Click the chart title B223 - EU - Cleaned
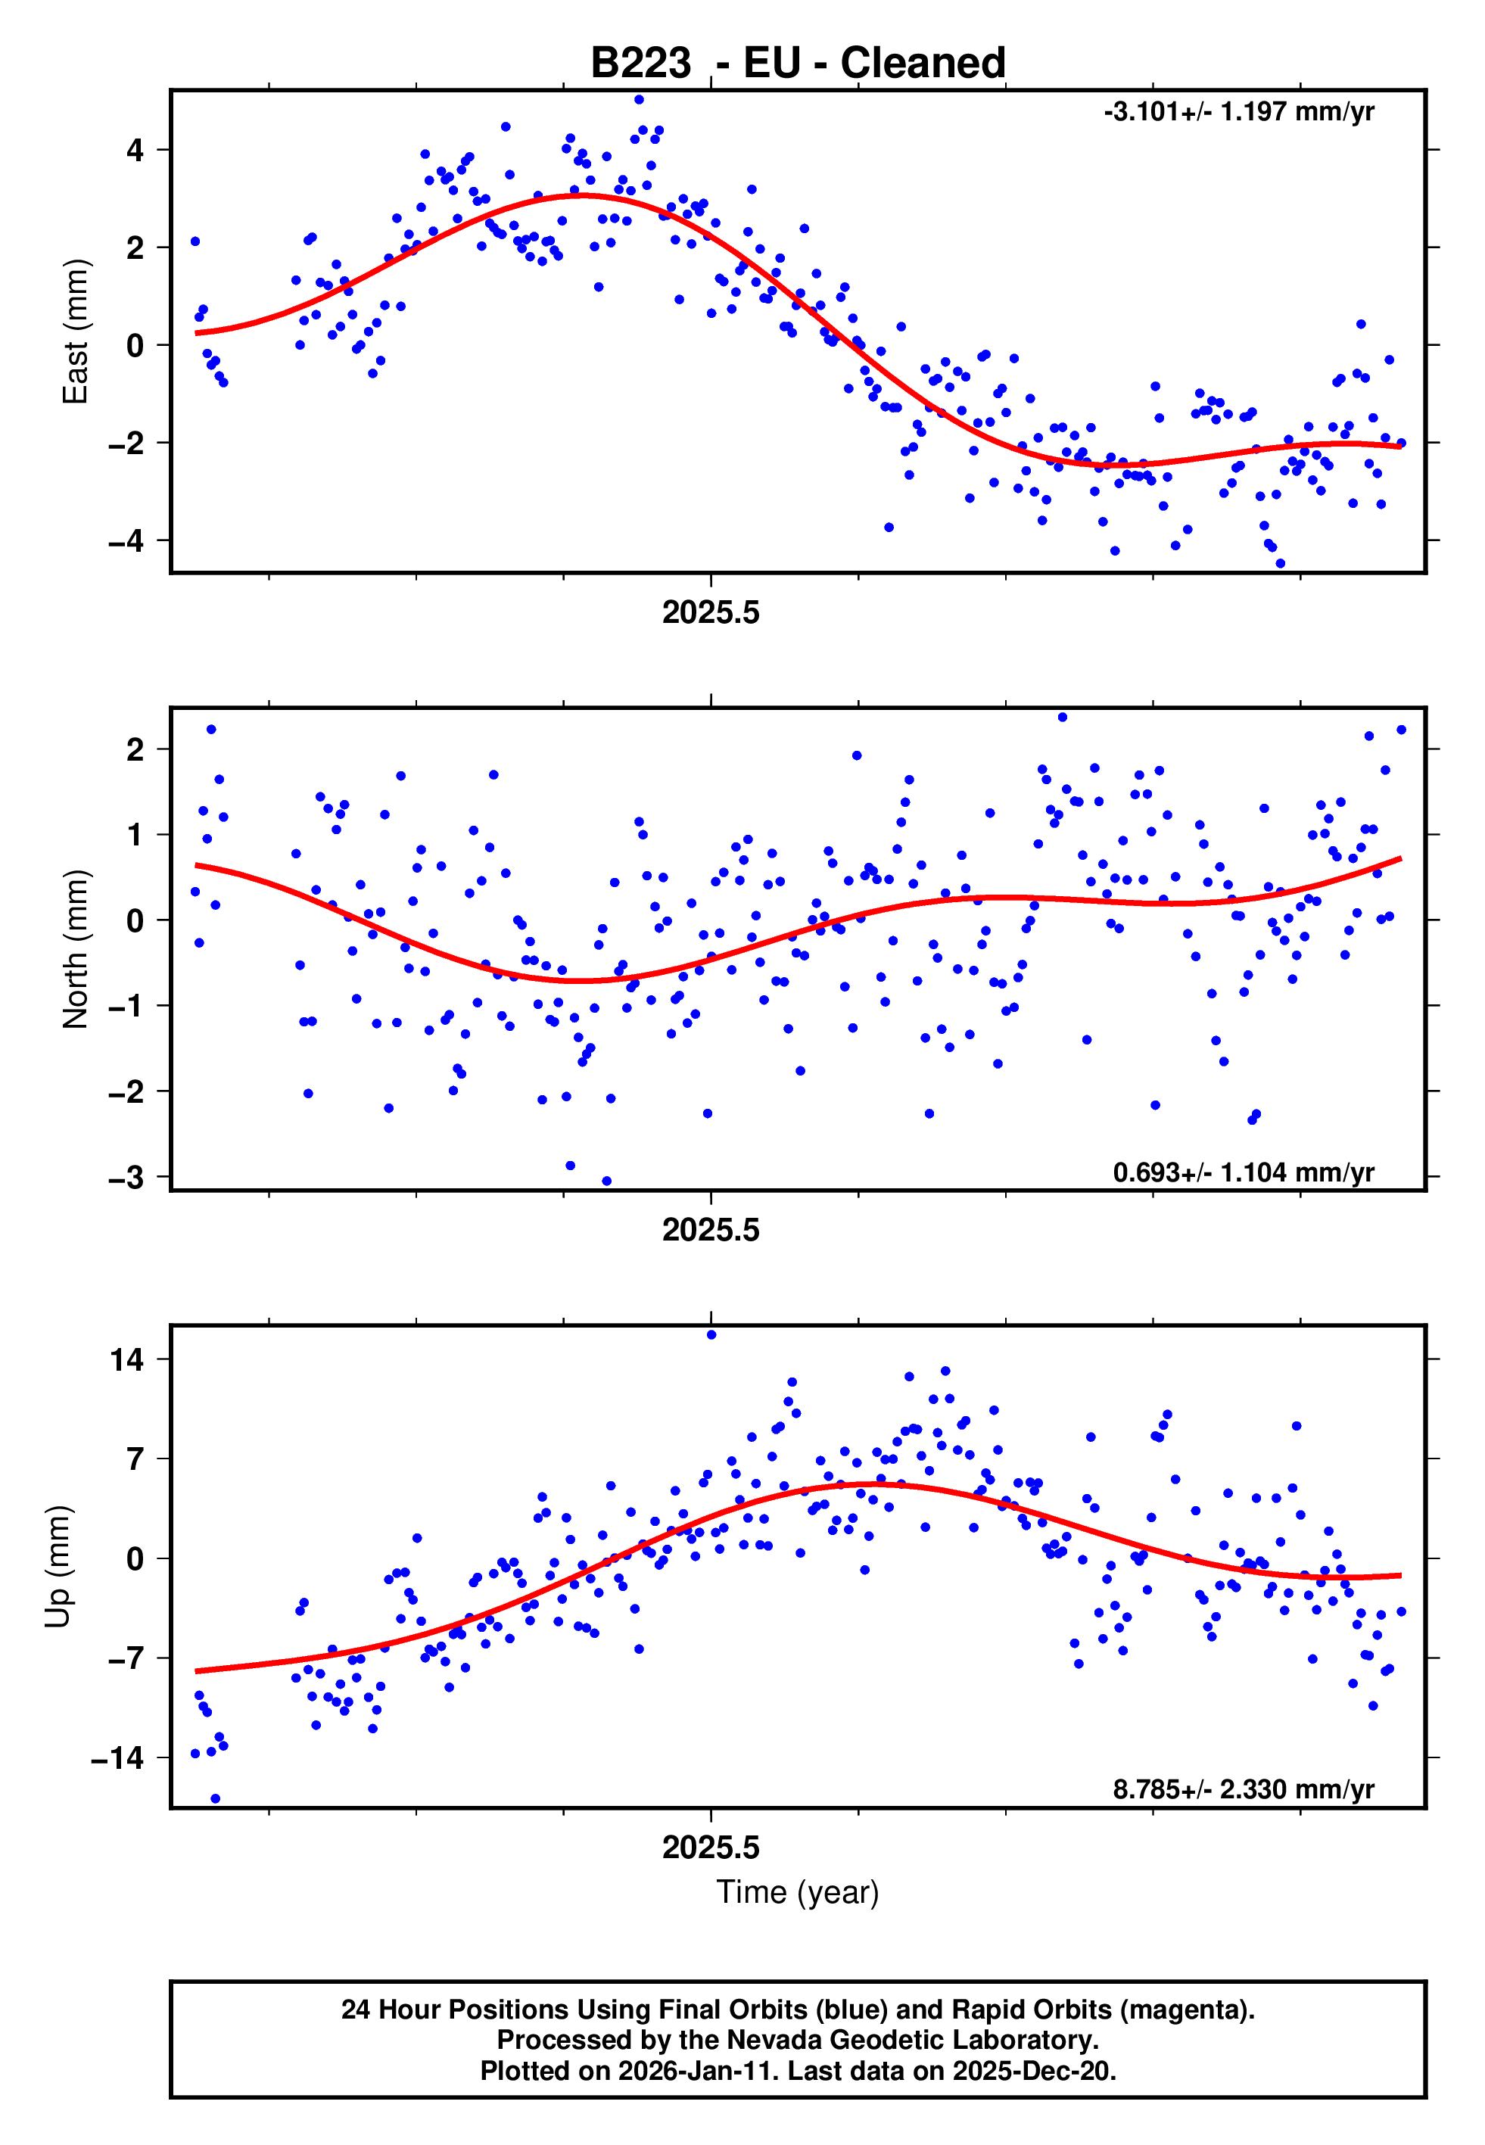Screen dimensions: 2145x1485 (798, 64)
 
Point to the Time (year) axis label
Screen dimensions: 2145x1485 (798, 1892)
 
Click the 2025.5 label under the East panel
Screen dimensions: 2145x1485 (711, 613)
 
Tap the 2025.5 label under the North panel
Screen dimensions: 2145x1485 (711, 1231)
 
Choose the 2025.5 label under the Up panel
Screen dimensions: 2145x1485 (711, 1848)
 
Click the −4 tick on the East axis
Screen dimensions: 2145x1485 (126, 540)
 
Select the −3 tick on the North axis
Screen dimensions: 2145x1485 (126, 1178)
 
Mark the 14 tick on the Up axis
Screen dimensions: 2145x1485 (126, 1360)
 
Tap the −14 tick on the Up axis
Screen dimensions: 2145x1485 (117, 1758)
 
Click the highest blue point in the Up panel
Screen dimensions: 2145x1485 (711, 1335)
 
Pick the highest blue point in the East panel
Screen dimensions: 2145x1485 (638, 99)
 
